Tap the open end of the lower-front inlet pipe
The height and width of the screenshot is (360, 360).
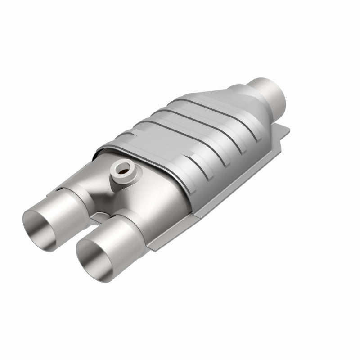pyautogui.click(x=94, y=255)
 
